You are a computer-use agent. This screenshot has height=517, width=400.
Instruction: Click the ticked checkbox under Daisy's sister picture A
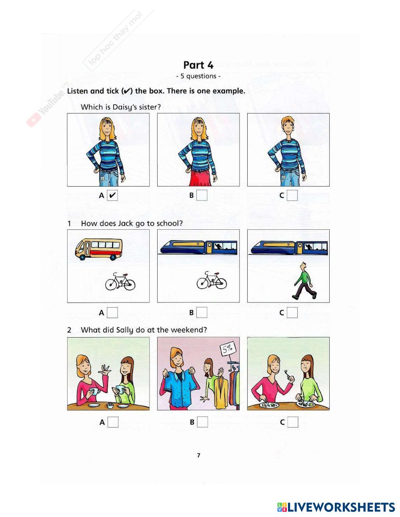[112, 195]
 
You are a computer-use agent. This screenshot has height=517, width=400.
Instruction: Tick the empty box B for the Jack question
[202, 312]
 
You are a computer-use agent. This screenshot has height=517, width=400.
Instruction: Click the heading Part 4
[198, 65]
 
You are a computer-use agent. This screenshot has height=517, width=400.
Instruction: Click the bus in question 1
[98, 249]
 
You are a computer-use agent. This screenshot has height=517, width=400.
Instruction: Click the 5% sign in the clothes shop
[228, 349]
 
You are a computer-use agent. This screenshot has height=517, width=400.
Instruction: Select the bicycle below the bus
[120, 282]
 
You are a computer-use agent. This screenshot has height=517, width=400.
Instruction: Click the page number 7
[198, 455]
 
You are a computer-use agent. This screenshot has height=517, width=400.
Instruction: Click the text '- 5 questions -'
[198, 76]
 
